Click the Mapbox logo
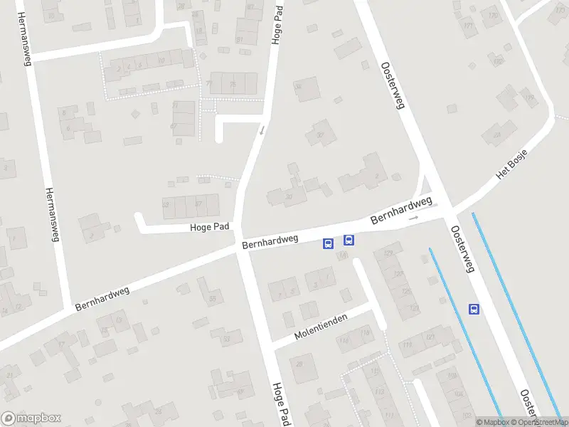click(31, 418)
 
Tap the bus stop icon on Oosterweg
click(474, 309)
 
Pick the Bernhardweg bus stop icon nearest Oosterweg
click(349, 240)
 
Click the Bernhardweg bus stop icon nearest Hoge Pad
click(328, 243)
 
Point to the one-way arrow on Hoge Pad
click(262, 130)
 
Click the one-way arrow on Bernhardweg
click(413, 217)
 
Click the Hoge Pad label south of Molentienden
click(280, 403)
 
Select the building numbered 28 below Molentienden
click(300, 364)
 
